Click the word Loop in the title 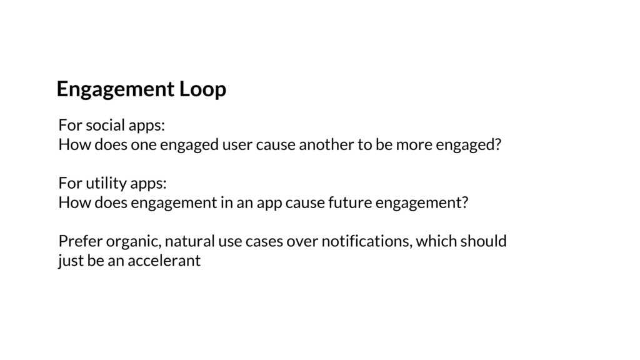pos(202,89)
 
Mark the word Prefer pos(81,241)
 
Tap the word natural pos(190,241)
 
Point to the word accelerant pos(164,261)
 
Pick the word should pos(483,241)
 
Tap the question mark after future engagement pos(464,202)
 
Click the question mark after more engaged pos(497,144)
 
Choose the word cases pos(264,242)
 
